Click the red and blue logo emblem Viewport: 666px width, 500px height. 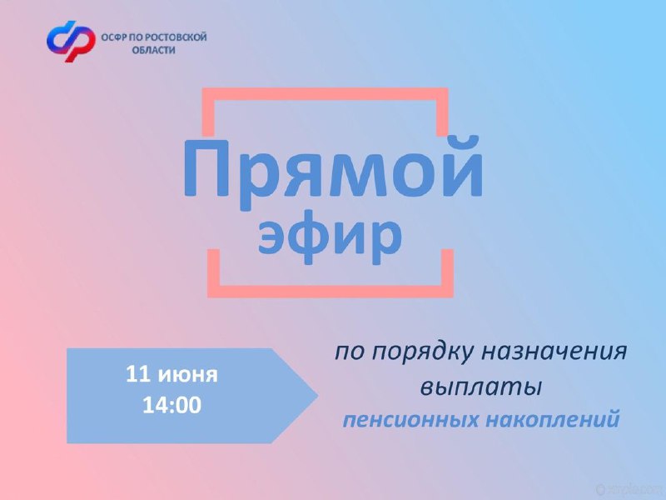click(x=71, y=41)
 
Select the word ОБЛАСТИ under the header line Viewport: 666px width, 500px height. click(x=153, y=50)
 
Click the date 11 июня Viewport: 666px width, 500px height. click(x=171, y=374)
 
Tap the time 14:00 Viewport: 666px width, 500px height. click(x=171, y=405)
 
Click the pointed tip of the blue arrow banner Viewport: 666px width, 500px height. click(x=317, y=396)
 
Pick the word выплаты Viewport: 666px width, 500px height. click(x=481, y=387)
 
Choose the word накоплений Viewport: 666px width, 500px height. click(x=552, y=419)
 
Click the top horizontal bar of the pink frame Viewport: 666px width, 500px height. click(x=325, y=94)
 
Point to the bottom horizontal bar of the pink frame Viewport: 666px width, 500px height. click(x=331, y=291)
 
